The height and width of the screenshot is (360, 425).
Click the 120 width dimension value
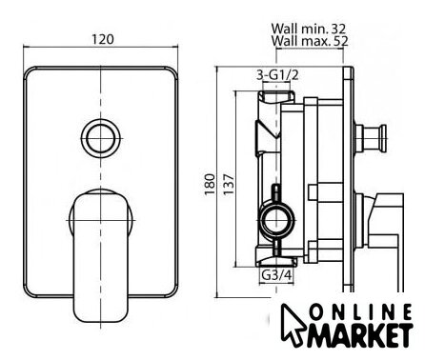tap(103, 39)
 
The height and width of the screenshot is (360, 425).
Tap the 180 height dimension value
tap(210, 185)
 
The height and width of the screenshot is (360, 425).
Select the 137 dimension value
tap(229, 185)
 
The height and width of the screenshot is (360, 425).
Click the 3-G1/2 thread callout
tap(277, 75)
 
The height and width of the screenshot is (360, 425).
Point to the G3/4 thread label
tap(276, 275)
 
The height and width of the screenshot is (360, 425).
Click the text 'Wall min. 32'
tap(308, 29)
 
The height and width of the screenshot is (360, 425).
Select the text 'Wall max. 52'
tap(310, 41)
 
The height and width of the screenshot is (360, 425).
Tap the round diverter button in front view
tap(101, 139)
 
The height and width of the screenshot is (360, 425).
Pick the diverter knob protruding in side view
tap(371, 138)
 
